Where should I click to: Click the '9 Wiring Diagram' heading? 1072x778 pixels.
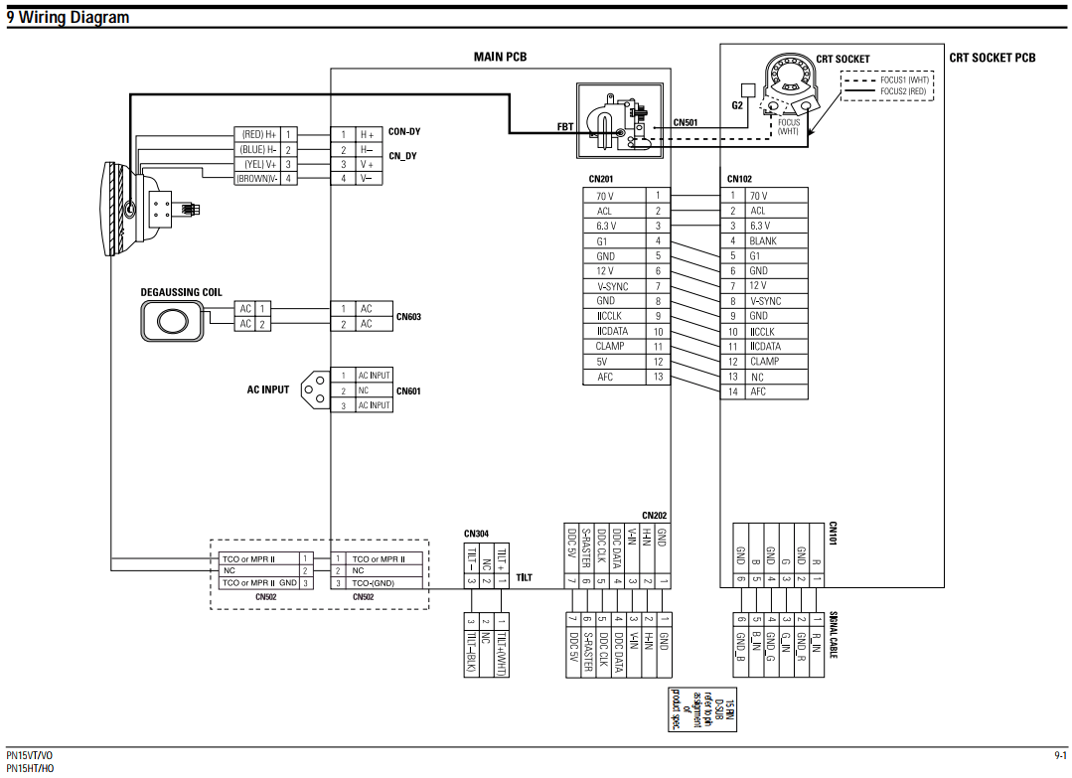[x=68, y=17]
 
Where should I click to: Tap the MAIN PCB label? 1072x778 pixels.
[x=500, y=57]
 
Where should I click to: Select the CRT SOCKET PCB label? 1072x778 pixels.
[x=992, y=58]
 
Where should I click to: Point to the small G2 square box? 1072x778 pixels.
[x=736, y=88]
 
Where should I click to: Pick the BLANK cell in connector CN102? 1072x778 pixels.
[x=763, y=240]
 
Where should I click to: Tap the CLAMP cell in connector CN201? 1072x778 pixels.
[x=610, y=346]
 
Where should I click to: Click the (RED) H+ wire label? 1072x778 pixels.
[x=258, y=133]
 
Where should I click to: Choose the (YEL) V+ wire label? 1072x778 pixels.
[x=258, y=164]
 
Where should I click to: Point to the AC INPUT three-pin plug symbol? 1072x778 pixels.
[x=313, y=389]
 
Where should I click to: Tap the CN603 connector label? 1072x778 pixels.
[x=408, y=317]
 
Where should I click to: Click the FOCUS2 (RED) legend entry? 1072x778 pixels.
[x=902, y=91]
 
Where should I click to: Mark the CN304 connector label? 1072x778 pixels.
[x=476, y=534]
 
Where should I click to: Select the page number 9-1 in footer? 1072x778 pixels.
[x=1059, y=756]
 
